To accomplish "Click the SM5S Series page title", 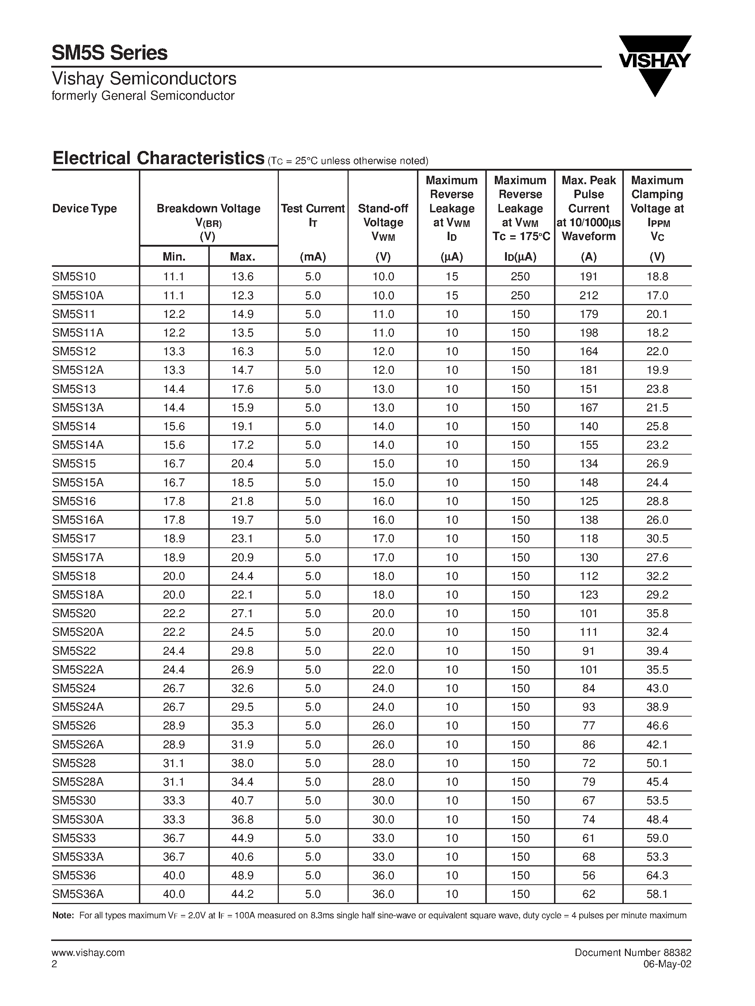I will click(x=110, y=53).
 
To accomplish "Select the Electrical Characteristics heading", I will click(x=158, y=158).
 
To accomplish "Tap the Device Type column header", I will click(x=84, y=208).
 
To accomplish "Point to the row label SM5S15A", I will click(x=78, y=482).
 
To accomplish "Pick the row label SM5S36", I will click(x=74, y=875).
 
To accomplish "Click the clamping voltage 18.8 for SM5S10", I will click(x=657, y=277).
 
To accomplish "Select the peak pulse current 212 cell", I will click(x=588, y=295).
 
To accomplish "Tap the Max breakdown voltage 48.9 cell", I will click(x=242, y=875).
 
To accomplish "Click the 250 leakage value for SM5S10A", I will click(x=520, y=295).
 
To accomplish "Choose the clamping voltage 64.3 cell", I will click(x=657, y=875).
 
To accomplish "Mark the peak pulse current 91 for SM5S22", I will click(x=588, y=651).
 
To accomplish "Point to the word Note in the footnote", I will click(x=63, y=915).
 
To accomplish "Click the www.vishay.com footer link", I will click(x=88, y=953).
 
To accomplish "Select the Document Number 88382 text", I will click(x=633, y=953).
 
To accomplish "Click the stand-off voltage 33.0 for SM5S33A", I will click(x=383, y=857).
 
